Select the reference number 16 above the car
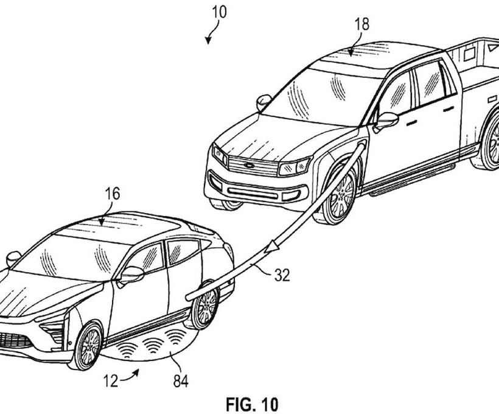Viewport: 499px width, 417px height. tap(112, 194)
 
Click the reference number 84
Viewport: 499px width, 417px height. tap(180, 382)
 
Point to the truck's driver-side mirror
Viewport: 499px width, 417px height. tap(386, 120)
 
